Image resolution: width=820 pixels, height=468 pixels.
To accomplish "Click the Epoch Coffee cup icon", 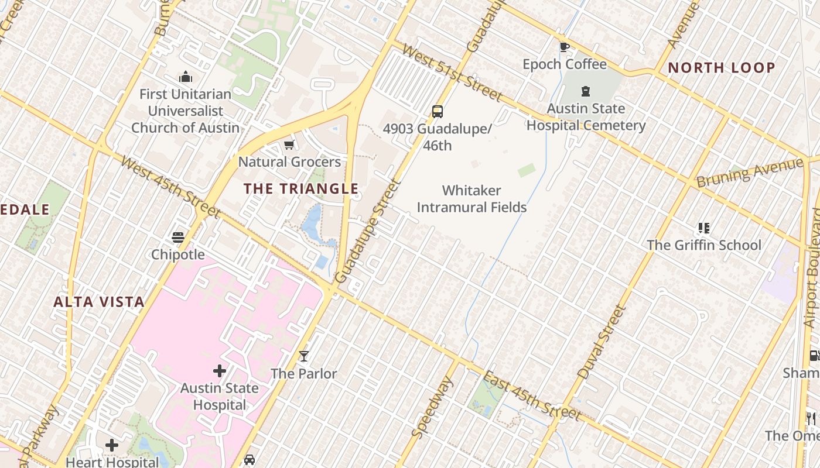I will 564,47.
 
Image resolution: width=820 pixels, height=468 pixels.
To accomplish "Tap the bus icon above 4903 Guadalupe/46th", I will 437,111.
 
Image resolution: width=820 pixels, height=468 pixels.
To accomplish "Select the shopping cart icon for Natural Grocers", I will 289,144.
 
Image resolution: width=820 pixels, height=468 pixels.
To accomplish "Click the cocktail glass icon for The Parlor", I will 303,356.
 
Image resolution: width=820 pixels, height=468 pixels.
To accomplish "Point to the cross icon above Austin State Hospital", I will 219,370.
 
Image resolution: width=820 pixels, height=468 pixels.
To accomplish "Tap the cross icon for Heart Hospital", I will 112,445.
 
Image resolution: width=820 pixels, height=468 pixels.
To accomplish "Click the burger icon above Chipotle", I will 178,237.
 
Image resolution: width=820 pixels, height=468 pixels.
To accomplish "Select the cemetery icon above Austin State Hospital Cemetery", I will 585,91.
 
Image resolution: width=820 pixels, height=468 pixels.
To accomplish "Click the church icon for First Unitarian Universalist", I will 186,77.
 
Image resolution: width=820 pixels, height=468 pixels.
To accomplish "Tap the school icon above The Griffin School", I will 703,228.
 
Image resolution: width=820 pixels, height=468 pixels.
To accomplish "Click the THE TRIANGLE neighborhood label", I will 300,188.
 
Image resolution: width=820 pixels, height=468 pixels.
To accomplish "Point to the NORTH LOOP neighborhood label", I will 722,67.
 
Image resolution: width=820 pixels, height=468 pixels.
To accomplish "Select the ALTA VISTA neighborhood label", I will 98,302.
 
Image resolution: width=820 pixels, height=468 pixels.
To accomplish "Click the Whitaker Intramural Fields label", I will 471,199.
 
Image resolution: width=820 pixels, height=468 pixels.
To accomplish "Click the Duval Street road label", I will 602,342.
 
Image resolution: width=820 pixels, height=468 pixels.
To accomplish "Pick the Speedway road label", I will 433,407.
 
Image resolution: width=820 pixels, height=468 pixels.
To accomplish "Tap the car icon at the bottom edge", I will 250,460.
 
